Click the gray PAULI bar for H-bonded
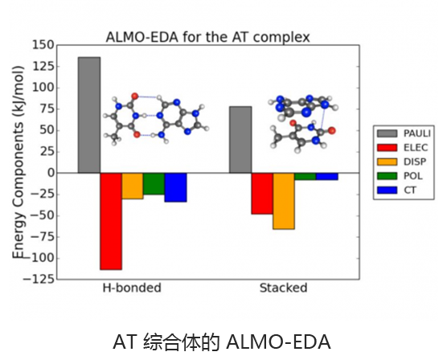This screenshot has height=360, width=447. (x=89, y=115)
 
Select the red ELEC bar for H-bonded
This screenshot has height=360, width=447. (x=111, y=221)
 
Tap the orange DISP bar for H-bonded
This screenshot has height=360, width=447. (x=133, y=186)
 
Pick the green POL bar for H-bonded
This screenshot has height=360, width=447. (x=154, y=184)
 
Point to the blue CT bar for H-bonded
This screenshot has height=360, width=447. (x=175, y=187)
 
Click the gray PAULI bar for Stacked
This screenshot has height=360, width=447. (x=240, y=140)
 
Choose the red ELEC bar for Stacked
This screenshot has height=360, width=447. (x=262, y=194)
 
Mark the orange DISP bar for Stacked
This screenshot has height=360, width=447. (x=284, y=201)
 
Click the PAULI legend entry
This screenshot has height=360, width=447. (x=404, y=133)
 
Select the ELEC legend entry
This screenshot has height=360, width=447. (x=403, y=148)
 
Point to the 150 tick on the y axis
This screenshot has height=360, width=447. (x=43, y=45)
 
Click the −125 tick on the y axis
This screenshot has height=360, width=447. (x=39, y=280)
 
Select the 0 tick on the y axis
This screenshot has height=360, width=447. (x=51, y=173)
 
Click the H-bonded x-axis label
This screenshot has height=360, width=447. (x=132, y=288)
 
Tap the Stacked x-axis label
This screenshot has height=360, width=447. (x=283, y=288)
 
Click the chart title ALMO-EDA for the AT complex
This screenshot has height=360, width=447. (x=207, y=37)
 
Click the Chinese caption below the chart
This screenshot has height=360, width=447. (x=222, y=342)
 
